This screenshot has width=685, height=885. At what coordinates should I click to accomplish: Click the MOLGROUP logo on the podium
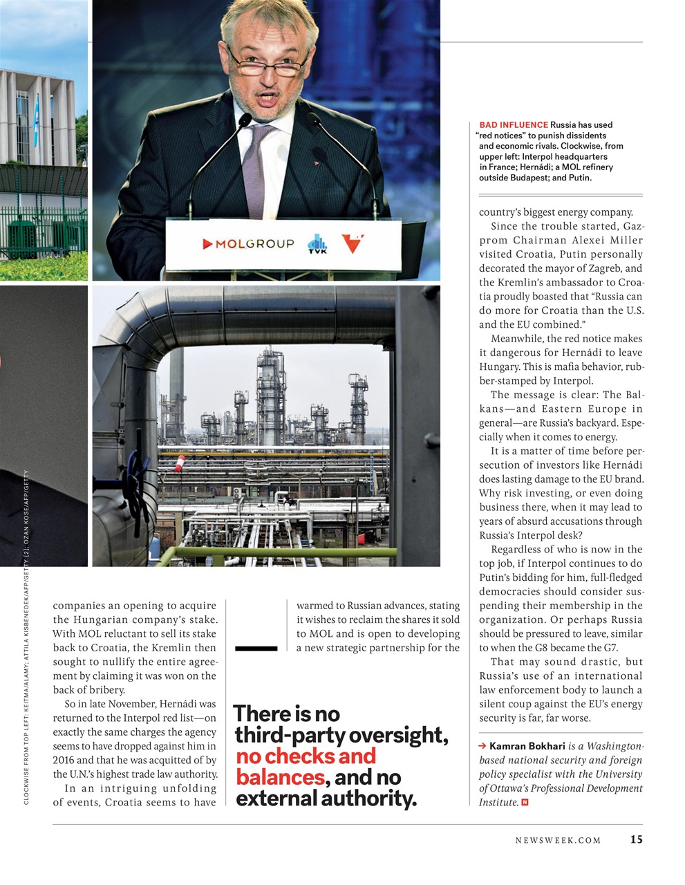(x=247, y=244)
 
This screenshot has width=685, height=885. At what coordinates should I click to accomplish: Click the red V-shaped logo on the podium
(x=353, y=243)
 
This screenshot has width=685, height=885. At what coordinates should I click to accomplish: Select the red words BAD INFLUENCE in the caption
(x=513, y=125)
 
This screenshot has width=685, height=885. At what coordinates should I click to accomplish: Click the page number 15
(x=636, y=839)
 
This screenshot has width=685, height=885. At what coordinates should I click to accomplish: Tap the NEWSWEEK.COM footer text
(x=558, y=840)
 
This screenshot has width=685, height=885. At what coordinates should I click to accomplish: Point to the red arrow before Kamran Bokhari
(x=482, y=747)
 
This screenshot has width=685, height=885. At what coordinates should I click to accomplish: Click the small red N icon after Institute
(x=525, y=803)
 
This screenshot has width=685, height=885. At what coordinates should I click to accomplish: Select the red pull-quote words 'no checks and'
(x=306, y=756)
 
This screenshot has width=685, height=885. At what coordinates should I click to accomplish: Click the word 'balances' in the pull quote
(x=280, y=777)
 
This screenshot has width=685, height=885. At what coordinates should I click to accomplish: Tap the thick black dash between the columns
(x=256, y=648)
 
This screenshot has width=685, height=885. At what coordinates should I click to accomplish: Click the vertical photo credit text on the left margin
(x=26, y=636)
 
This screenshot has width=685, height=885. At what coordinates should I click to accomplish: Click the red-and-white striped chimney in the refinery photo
(x=180, y=463)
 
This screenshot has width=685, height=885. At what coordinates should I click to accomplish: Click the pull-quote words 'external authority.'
(x=326, y=799)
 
